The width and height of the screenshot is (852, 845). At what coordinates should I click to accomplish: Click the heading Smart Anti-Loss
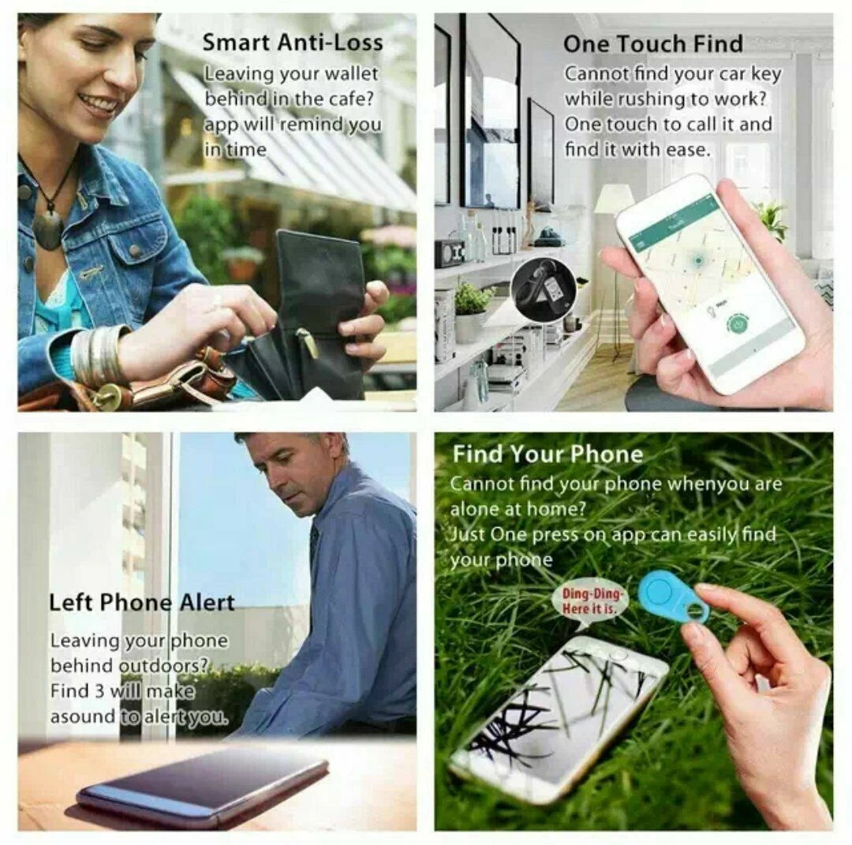point(293,43)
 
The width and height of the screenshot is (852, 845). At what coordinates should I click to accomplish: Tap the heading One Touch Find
point(653,44)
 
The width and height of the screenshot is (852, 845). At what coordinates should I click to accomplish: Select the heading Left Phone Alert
point(142,603)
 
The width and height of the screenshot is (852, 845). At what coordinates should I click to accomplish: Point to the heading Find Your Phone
point(547,454)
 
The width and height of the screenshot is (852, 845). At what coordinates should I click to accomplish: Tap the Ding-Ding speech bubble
point(591,602)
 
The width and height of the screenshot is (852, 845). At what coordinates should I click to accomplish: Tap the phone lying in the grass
point(559,712)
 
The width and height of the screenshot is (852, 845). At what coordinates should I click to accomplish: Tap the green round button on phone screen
point(738,324)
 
